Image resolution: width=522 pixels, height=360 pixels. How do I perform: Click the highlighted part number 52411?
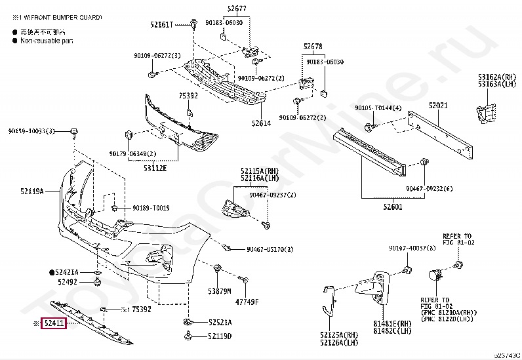(54, 323)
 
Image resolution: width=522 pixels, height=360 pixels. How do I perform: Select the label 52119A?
(31, 191)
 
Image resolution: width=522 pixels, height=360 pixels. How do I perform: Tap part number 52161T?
(161, 24)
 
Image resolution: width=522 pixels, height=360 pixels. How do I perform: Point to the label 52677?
(237, 9)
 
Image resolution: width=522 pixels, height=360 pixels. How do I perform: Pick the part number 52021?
(438, 106)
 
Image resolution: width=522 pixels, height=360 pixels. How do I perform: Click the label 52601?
(393, 207)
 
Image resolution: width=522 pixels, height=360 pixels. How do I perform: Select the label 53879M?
(220, 291)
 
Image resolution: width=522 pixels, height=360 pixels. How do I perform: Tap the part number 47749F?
(247, 302)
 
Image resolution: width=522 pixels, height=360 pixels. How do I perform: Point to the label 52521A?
(220, 323)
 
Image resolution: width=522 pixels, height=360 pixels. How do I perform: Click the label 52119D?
(220, 336)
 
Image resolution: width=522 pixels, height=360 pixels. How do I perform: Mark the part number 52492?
(67, 282)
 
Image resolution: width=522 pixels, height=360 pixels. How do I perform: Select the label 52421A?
(67, 271)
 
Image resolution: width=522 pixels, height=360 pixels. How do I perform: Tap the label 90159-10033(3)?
(31, 131)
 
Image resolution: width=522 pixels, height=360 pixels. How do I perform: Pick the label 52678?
(313, 47)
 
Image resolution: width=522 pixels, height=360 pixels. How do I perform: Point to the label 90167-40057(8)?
(407, 249)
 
